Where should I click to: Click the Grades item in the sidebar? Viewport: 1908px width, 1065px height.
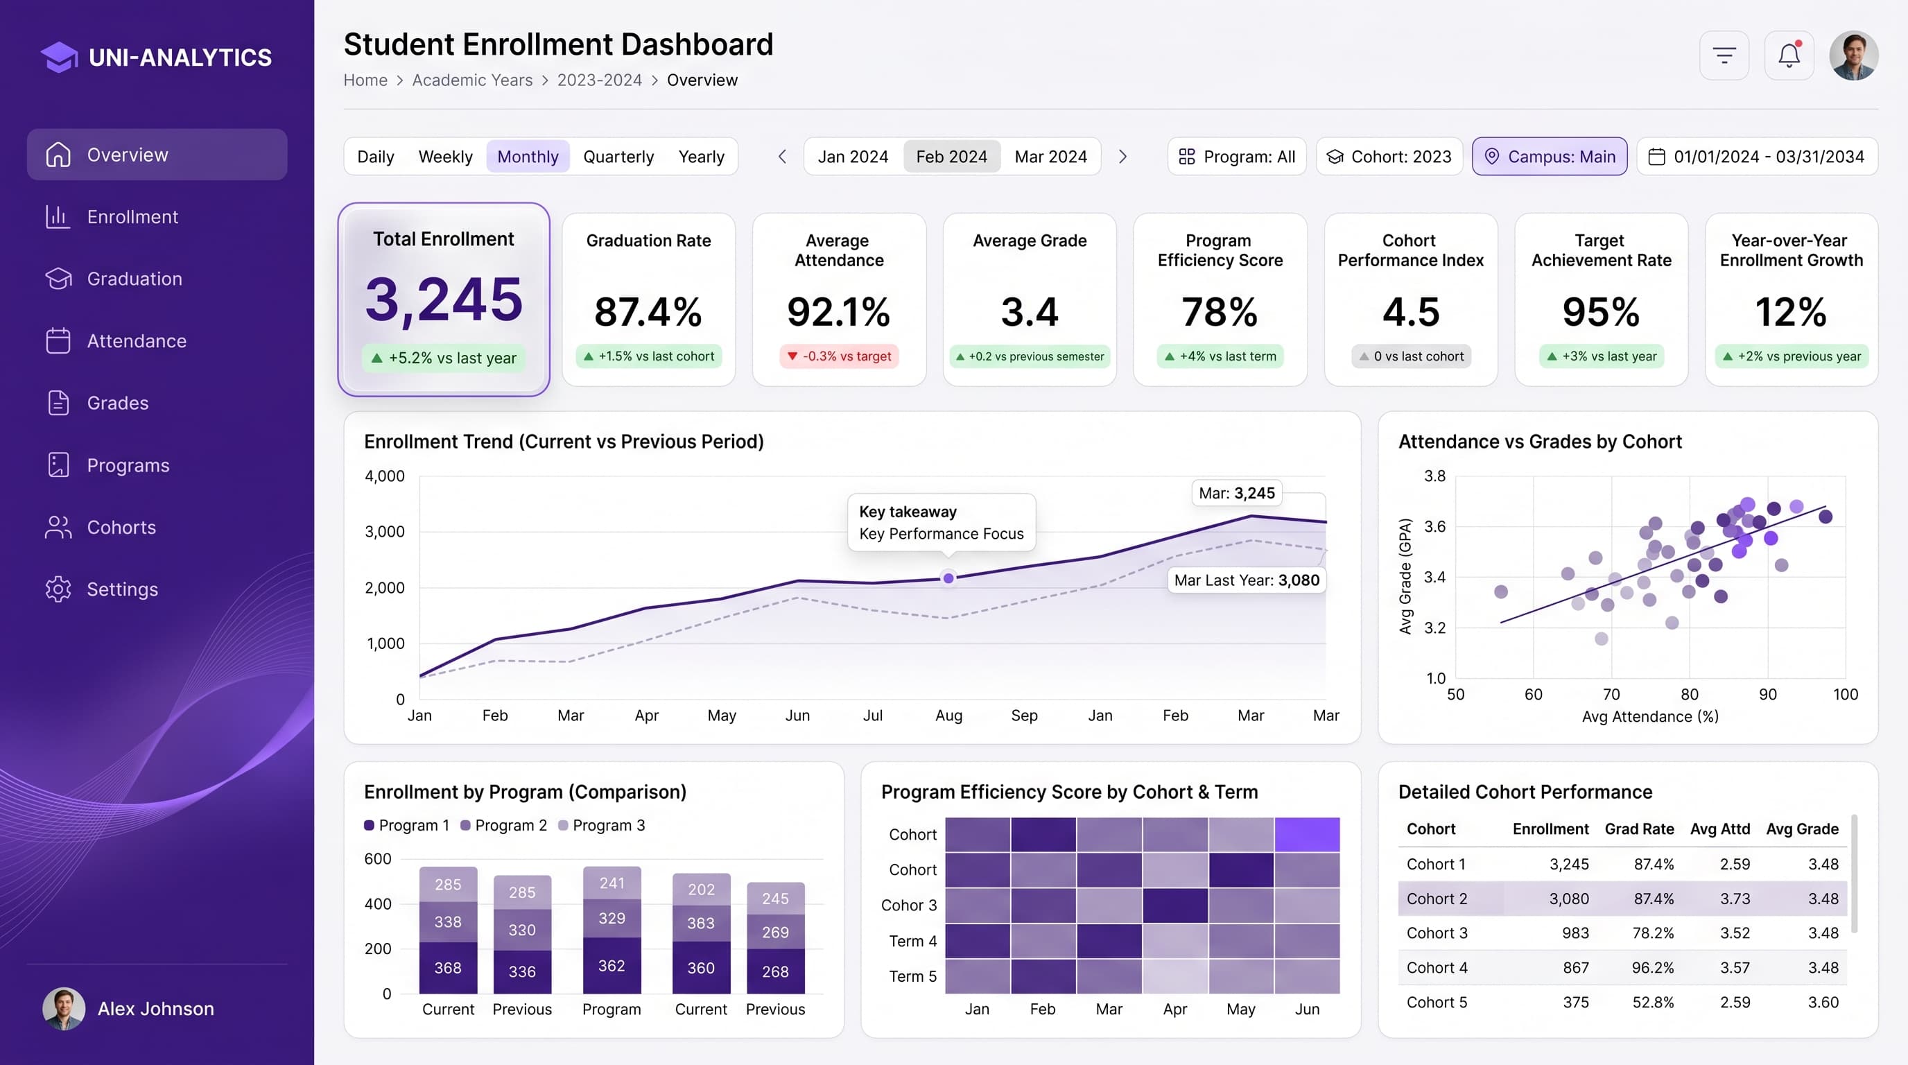[x=117, y=403]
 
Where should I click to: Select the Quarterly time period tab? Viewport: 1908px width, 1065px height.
[x=618, y=157]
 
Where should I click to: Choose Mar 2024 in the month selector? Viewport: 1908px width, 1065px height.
[x=1050, y=157]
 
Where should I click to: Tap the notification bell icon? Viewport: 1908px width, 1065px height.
[x=1789, y=55]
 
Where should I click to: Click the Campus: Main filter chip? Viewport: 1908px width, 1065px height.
[x=1550, y=156]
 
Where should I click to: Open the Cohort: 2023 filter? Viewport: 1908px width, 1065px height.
[x=1389, y=156]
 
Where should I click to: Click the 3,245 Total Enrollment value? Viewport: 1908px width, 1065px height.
[x=444, y=300]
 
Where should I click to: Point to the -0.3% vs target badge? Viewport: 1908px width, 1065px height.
[x=839, y=356]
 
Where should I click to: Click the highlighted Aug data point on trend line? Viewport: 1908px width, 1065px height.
[x=948, y=578]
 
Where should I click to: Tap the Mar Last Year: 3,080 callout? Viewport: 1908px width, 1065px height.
[x=1247, y=580]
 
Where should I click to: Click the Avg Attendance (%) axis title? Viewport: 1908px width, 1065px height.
[x=1650, y=716]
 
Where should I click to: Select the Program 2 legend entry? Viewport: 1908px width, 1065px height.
[x=503, y=825]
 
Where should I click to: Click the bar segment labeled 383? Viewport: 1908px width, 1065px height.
[x=701, y=923]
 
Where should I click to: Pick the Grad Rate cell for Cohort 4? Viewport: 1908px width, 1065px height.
[x=1652, y=967]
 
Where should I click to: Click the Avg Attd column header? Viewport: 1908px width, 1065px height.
[x=1720, y=829]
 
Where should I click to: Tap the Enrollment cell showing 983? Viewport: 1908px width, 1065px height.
[x=1575, y=933]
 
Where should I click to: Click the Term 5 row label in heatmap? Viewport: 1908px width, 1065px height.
[x=912, y=976]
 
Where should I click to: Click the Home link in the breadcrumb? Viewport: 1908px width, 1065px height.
[x=365, y=80]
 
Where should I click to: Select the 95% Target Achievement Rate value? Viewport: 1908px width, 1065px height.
[x=1601, y=312]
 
